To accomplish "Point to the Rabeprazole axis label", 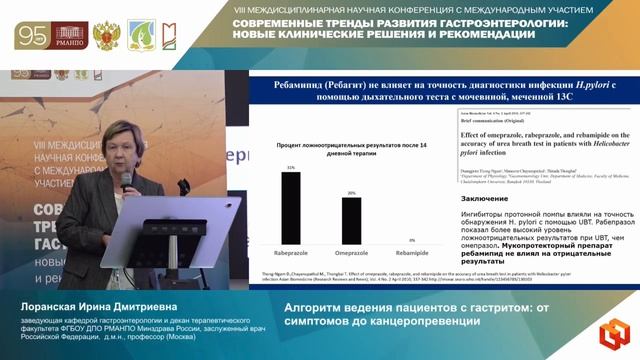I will pos(291,253).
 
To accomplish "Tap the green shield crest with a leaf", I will pos(139,36).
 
